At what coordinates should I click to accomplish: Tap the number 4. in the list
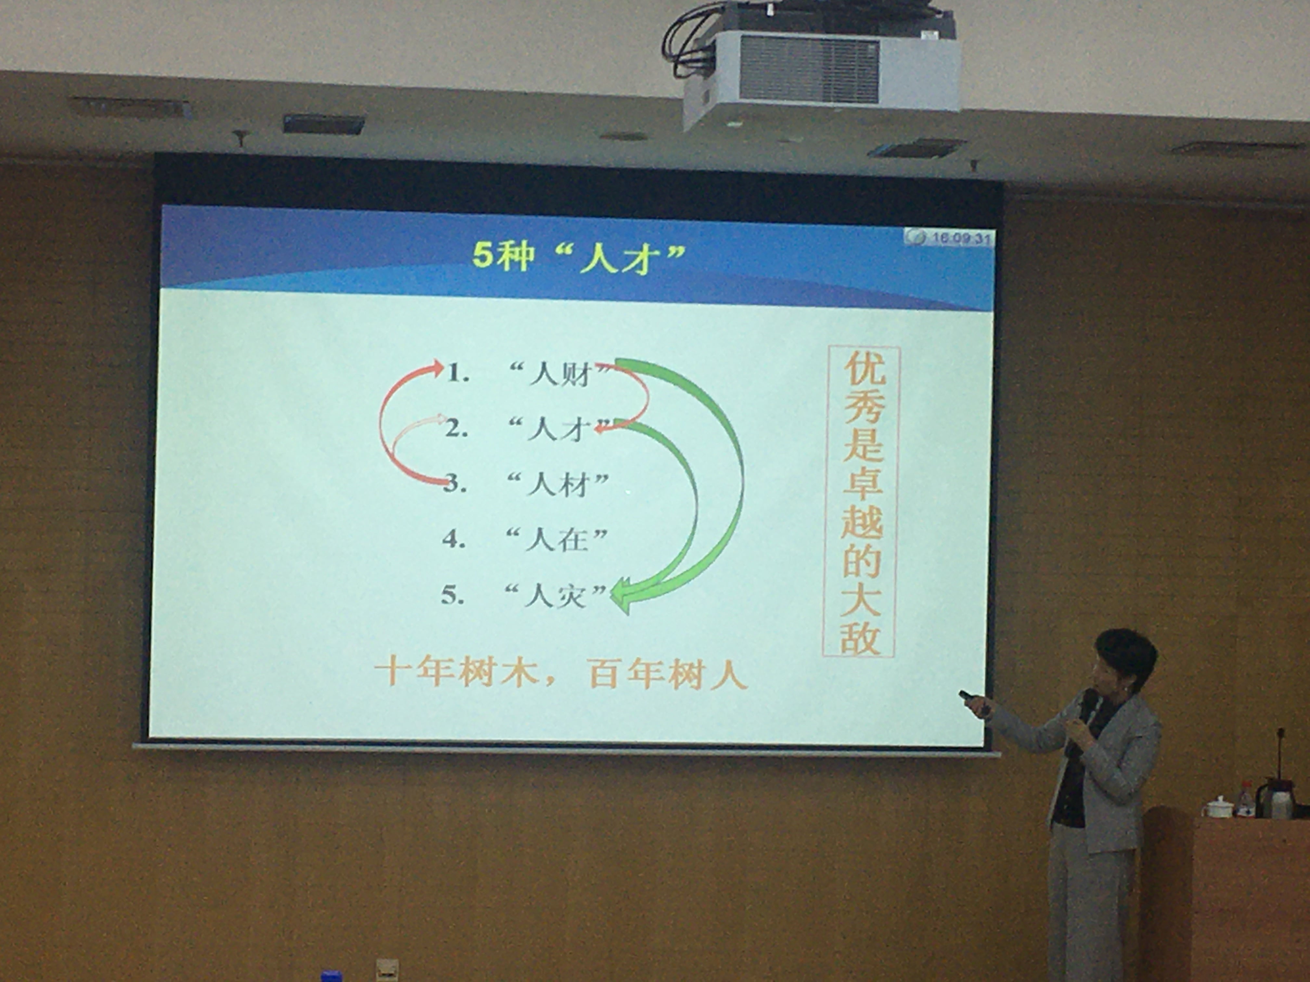454,539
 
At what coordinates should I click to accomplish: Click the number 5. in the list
453,595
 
